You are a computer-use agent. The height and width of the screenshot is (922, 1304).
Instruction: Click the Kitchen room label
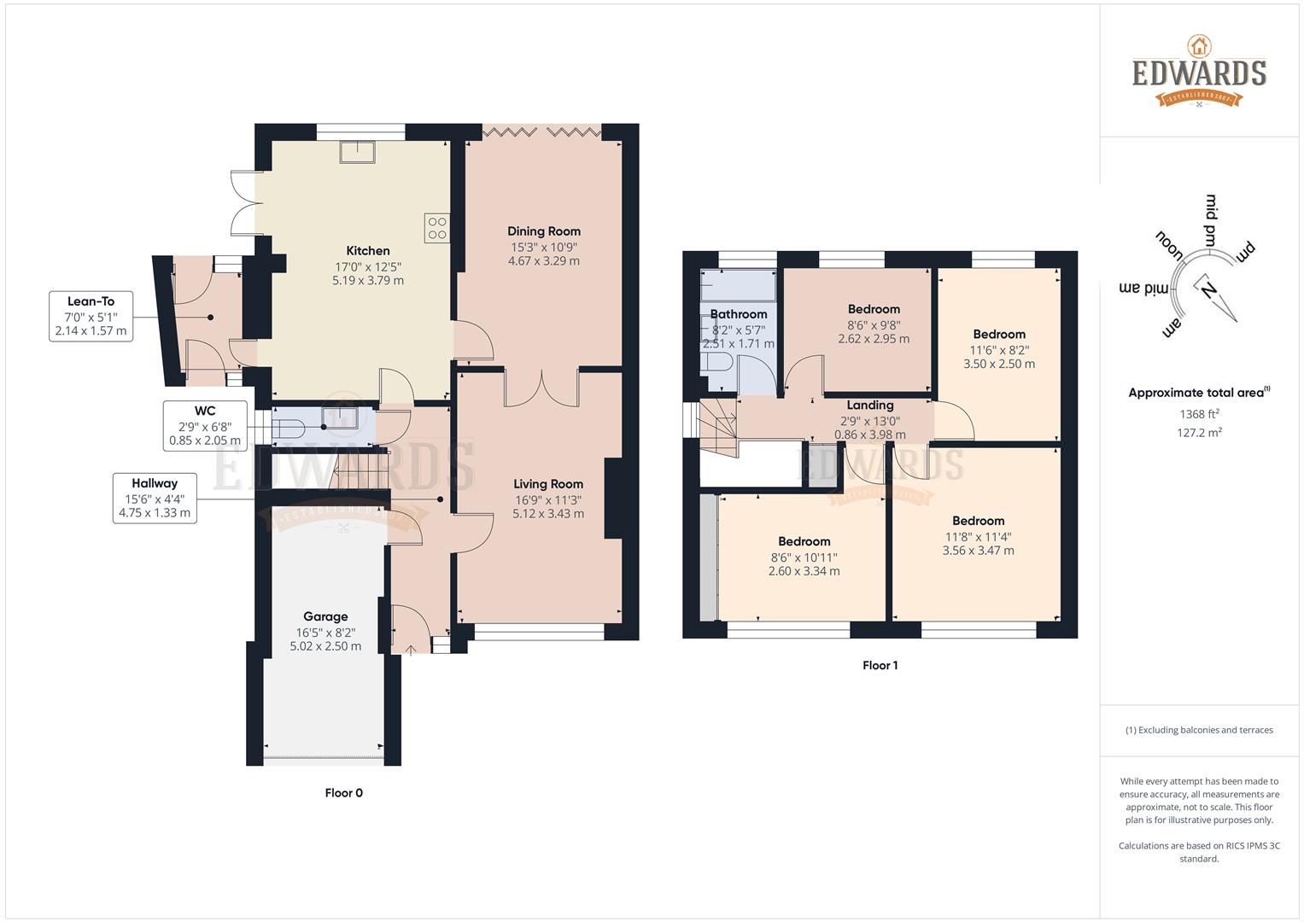tap(368, 251)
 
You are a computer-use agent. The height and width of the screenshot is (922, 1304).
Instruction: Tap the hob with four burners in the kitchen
tap(436, 227)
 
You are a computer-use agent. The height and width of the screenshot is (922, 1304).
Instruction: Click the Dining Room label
tap(543, 231)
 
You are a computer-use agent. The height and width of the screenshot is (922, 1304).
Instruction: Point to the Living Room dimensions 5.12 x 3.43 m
tap(548, 514)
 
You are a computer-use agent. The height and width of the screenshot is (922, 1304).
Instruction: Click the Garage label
tap(325, 616)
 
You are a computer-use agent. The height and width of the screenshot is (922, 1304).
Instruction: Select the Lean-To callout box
tap(91, 316)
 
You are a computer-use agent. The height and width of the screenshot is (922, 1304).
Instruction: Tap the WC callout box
tap(205, 426)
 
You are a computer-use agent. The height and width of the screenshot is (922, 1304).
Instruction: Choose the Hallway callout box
tap(155, 499)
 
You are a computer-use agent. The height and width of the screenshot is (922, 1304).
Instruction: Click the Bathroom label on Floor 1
tap(739, 314)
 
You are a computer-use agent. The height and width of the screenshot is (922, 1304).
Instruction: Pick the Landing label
tap(869, 406)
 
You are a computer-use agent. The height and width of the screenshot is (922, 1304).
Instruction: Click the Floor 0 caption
tap(343, 793)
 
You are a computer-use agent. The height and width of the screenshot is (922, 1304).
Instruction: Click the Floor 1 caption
tap(880, 666)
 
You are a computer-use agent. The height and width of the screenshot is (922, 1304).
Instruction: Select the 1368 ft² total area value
tap(1199, 414)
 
